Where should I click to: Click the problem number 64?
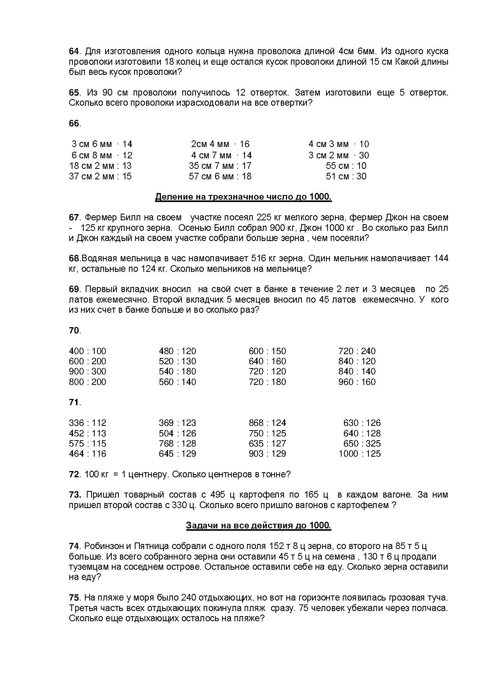[74, 51]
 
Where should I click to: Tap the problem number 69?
[74, 289]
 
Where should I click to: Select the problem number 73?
[74, 495]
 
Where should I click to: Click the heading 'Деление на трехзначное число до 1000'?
[243, 197]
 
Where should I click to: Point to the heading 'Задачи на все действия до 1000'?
[258, 525]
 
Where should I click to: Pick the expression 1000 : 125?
[360, 454]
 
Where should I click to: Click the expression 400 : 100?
[87, 351]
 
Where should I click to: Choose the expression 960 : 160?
[357, 382]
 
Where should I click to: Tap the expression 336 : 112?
[87, 423]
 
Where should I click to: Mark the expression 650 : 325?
[362, 443]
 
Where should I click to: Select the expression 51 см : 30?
[346, 176]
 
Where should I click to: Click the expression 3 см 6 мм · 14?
[102, 144]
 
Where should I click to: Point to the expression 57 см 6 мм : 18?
[220, 176]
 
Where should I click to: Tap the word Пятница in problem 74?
[146, 546]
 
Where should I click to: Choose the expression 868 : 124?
[267, 423]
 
